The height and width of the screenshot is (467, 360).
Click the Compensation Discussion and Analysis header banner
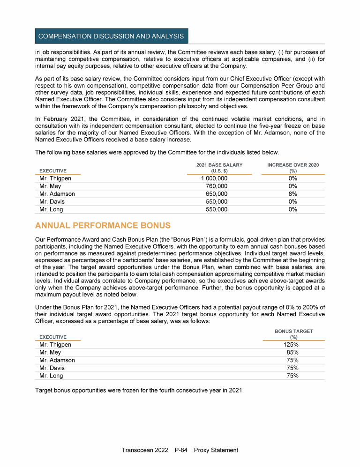click(111, 36)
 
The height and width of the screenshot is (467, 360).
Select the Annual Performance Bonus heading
click(103, 226)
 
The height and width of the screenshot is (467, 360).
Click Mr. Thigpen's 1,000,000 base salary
click(214, 178)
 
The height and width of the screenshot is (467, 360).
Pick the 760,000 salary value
click(217, 186)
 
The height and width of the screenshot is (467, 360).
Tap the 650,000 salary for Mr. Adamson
click(217, 194)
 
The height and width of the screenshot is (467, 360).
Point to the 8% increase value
click(293, 194)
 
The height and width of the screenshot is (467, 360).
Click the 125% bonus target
click(292, 345)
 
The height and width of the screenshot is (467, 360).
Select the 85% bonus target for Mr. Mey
click(293, 352)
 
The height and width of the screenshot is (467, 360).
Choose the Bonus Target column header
click(294, 334)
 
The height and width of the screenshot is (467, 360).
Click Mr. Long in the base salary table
click(51, 209)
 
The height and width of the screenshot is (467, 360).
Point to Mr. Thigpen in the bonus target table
click(55, 345)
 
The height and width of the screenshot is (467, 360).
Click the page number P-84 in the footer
click(180, 450)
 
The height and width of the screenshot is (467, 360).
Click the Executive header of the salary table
click(53, 171)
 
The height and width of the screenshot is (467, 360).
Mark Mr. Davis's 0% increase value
click(293, 202)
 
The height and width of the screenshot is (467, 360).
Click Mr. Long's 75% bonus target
click(293, 376)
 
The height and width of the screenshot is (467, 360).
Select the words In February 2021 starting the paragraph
click(59, 119)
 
